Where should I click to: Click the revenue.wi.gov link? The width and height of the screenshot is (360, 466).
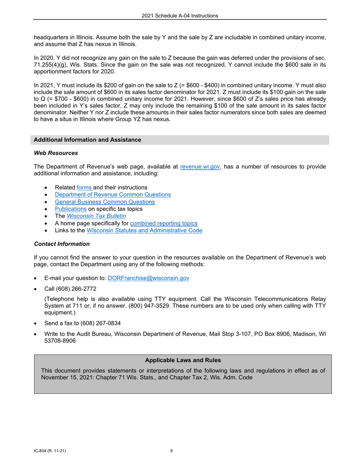tap(200, 166)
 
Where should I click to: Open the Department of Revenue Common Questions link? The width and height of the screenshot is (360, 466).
tap(113, 194)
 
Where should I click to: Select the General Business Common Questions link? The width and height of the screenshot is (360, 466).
tap(105, 202)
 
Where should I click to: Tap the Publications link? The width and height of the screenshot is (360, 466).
tap(70, 209)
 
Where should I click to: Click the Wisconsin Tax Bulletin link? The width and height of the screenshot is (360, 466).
tap(96, 216)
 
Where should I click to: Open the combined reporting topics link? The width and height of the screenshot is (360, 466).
tap(164, 223)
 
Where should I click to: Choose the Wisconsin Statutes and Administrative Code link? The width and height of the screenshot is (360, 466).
tap(144, 230)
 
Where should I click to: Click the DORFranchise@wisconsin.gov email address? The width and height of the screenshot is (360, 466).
tap(149, 278)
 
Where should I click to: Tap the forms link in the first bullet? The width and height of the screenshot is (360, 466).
tap(84, 187)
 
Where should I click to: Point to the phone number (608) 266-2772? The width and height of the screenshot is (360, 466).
tap(75, 289)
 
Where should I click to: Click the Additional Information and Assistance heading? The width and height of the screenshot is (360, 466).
tap(88, 140)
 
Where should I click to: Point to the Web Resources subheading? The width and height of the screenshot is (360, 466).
tap(56, 153)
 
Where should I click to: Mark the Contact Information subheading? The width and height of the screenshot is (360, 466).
tap(62, 244)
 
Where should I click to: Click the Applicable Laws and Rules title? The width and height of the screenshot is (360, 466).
tap(183, 360)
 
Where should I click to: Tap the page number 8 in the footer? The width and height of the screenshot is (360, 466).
tap(171, 451)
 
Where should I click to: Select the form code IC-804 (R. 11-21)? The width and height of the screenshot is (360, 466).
tap(50, 451)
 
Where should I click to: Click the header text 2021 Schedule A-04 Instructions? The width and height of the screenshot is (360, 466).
tap(180, 16)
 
